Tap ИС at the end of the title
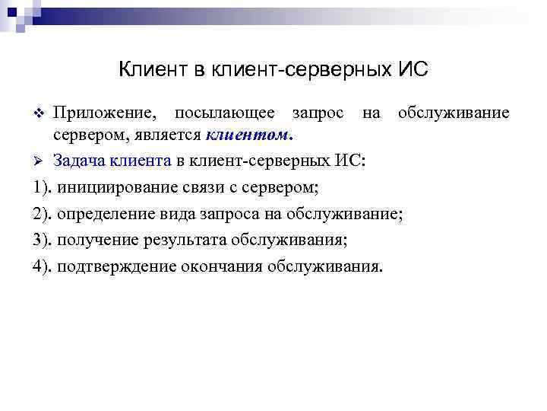coord(414,70)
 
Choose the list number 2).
coord(43,214)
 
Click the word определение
coord(103,214)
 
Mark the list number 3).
coord(43,241)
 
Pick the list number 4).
coord(43,267)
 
